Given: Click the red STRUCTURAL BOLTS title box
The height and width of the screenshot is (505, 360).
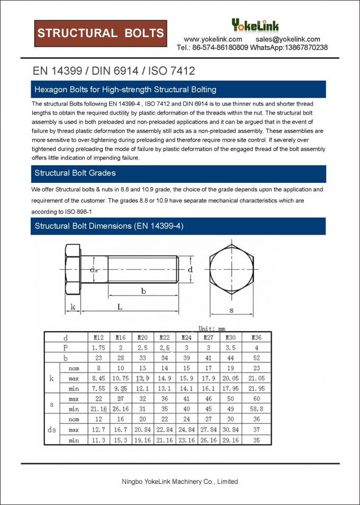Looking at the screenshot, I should pos(101,33).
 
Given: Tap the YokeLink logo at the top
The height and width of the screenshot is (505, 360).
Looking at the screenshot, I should pos(255,25).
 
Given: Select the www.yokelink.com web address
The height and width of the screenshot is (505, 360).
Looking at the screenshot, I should pos(213,39).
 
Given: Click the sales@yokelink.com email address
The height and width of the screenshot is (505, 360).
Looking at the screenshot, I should pos(288,39).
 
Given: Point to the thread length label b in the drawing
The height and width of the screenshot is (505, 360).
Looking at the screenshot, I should pos(143,290).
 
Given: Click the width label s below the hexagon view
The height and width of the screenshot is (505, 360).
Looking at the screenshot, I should pos(231,309).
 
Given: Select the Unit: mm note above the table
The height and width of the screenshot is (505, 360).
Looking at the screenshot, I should pos(212,329).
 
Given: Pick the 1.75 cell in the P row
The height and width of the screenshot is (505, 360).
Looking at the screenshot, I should pos(98,348).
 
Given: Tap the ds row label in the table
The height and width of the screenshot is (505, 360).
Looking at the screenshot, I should pos(52,430).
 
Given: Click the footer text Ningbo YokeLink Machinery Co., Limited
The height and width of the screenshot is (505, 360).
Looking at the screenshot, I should pos(180,482).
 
